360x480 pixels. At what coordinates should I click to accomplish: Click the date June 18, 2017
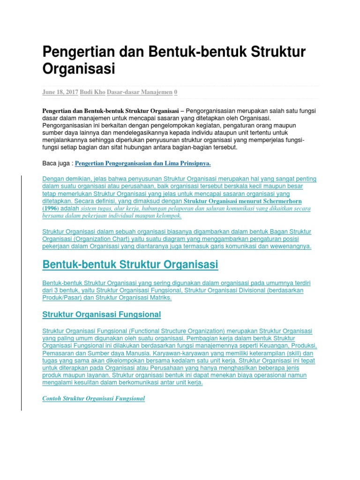click(x=60, y=92)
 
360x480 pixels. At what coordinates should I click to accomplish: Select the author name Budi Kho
click(x=92, y=92)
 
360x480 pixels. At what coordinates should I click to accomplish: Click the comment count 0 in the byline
click(x=176, y=92)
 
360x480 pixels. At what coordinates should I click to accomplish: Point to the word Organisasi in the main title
click(x=79, y=69)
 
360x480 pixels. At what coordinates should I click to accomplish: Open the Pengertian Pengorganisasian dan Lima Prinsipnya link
click(x=143, y=163)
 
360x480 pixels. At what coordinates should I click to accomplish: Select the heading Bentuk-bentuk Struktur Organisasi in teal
click(x=130, y=265)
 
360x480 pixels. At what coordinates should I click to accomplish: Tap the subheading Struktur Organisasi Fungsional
click(x=102, y=314)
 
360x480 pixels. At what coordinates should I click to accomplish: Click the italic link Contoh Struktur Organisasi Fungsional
click(x=94, y=398)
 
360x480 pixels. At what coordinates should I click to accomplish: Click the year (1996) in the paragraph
click(x=51, y=209)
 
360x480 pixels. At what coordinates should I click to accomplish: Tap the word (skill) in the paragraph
click(x=288, y=353)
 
